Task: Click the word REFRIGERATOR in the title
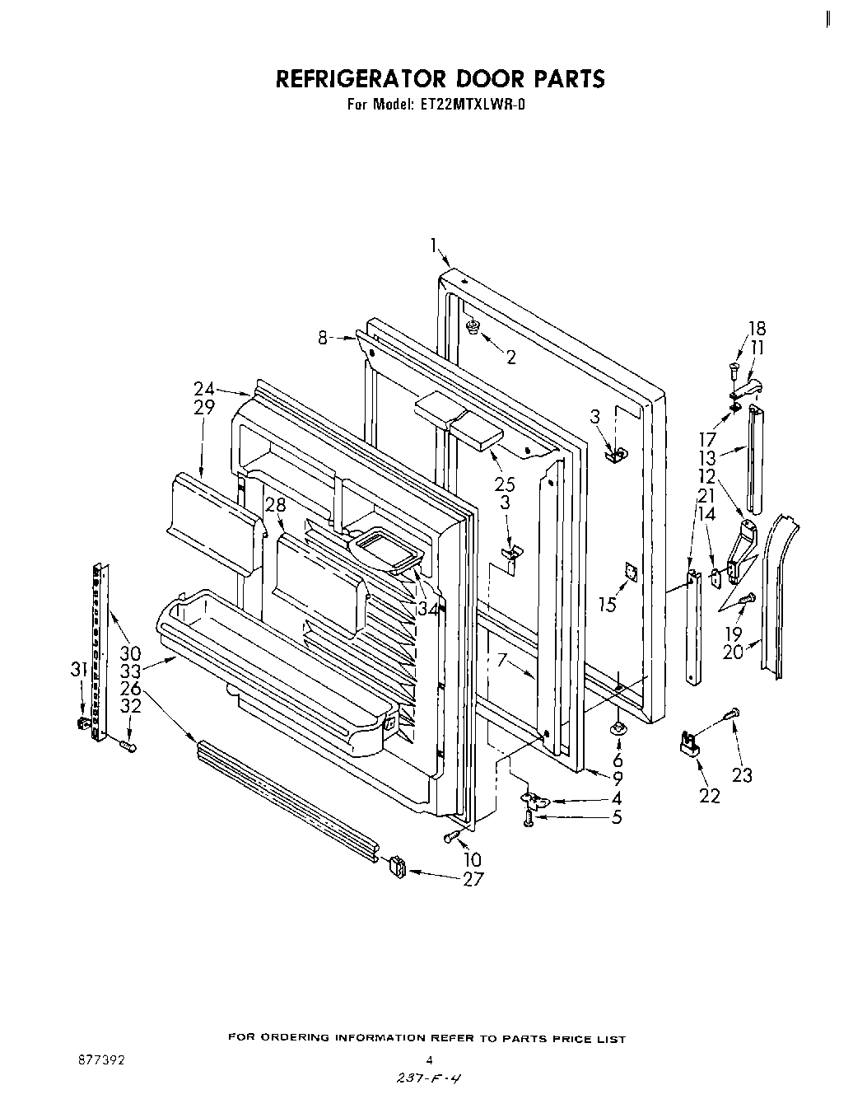pos(359,79)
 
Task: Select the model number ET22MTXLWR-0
pos(471,105)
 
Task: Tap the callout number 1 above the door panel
pos(433,244)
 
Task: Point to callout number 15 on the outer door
pos(608,605)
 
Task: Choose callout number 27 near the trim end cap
pos(473,879)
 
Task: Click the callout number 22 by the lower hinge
pos(709,795)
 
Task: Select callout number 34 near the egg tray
pos(427,610)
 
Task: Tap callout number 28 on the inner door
pos(274,505)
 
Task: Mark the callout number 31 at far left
pos(78,671)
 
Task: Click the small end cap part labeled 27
pos(395,867)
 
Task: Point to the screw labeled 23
pos(730,713)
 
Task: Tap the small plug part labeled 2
pos(473,329)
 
